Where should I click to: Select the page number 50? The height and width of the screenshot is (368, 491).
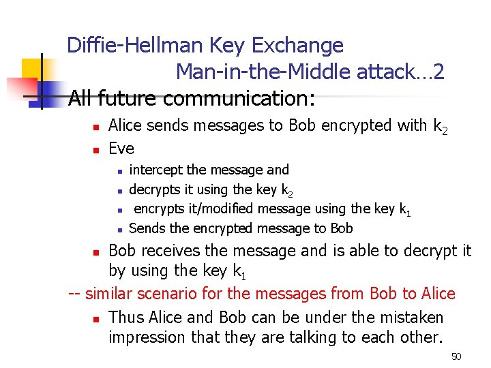(456, 356)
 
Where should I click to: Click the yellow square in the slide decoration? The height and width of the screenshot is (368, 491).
(34, 69)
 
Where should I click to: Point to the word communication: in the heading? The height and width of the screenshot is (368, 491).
(239, 99)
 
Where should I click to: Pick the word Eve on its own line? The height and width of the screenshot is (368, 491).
(121, 149)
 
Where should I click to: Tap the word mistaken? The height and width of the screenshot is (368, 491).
(401, 318)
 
